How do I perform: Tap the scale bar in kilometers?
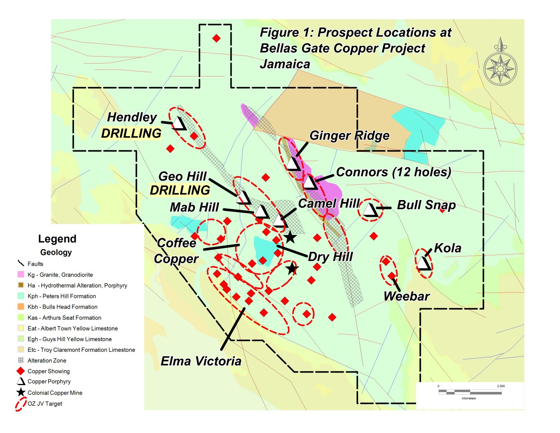(x=469, y=391)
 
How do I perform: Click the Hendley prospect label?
(x=132, y=117)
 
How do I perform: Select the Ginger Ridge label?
(x=349, y=136)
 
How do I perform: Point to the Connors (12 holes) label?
(x=393, y=172)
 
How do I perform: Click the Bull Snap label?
(x=426, y=205)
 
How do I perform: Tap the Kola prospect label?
(x=448, y=248)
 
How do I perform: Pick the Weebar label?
(x=406, y=297)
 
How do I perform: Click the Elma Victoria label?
(x=201, y=361)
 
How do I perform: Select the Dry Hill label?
(x=330, y=257)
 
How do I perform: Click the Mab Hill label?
(x=194, y=207)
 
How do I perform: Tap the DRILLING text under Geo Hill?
(x=180, y=191)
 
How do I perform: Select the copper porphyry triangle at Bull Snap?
(x=370, y=210)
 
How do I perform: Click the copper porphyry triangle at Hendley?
(x=179, y=123)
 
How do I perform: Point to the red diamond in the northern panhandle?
(x=216, y=38)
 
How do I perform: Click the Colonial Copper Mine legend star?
(x=21, y=393)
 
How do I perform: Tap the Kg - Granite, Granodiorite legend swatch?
(x=21, y=275)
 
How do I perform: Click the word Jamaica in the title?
(x=285, y=64)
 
